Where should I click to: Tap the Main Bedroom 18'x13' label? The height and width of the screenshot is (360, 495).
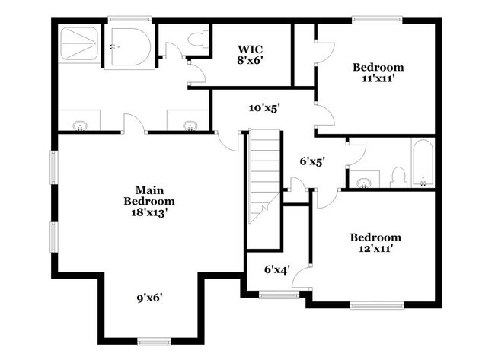click(150, 201)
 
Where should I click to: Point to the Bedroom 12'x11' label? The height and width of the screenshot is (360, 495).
click(375, 242)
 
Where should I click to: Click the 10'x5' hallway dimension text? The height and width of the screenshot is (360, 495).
click(265, 108)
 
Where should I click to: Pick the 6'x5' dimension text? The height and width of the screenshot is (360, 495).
click(313, 161)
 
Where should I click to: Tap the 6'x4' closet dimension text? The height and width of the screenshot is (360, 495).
click(277, 269)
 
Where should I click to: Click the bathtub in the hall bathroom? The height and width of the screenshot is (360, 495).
click(423, 161)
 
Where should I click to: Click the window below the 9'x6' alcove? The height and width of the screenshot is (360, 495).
click(150, 339)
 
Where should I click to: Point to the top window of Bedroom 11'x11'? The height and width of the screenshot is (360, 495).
click(378, 18)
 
